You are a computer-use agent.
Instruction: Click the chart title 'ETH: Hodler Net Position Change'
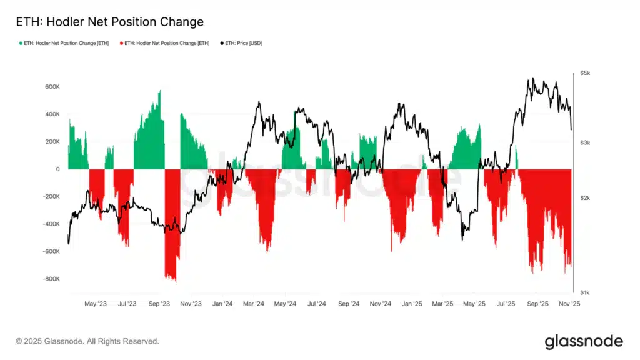pos(109,22)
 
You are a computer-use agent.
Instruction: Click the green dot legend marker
pos(21,43)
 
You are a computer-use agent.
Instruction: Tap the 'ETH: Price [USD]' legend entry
pos(244,43)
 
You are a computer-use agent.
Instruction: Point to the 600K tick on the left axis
pos(51,87)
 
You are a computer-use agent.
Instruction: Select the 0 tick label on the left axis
pos(58,169)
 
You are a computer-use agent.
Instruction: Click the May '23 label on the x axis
pos(95,304)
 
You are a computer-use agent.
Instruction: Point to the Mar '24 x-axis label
pos(253,304)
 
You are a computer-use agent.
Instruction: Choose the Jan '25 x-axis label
pos(411,304)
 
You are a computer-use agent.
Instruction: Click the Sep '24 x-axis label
pos(348,304)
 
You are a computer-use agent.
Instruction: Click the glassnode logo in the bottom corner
pos(584,341)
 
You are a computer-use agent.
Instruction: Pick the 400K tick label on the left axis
pos(51,114)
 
